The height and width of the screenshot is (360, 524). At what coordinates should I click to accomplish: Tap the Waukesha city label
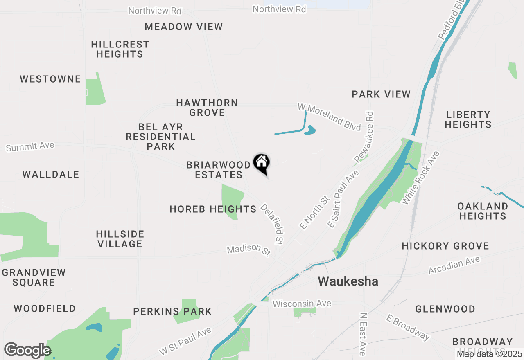(348, 281)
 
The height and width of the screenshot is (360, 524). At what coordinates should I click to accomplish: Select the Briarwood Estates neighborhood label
(218, 170)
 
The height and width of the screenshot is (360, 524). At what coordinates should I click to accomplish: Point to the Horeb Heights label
(213, 209)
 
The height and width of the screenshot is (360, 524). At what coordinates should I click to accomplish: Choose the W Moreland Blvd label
(329, 117)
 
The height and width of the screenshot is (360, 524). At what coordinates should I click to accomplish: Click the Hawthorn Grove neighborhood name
(207, 108)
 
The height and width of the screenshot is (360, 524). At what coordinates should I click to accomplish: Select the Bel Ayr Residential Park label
(160, 137)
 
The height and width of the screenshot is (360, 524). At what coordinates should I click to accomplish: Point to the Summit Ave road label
(30, 146)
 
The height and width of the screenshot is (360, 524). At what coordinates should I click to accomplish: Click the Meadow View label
(184, 27)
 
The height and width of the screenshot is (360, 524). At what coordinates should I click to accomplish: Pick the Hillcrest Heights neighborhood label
(120, 49)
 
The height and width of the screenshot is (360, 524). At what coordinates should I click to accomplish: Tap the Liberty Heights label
(468, 119)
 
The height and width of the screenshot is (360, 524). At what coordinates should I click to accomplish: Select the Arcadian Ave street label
(454, 265)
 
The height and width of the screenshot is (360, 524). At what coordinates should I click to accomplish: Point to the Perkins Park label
(172, 312)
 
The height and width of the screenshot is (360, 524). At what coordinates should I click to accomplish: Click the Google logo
(27, 350)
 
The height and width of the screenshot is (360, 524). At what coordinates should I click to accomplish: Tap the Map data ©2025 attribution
(490, 354)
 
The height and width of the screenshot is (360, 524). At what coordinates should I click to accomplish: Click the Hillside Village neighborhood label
(120, 239)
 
